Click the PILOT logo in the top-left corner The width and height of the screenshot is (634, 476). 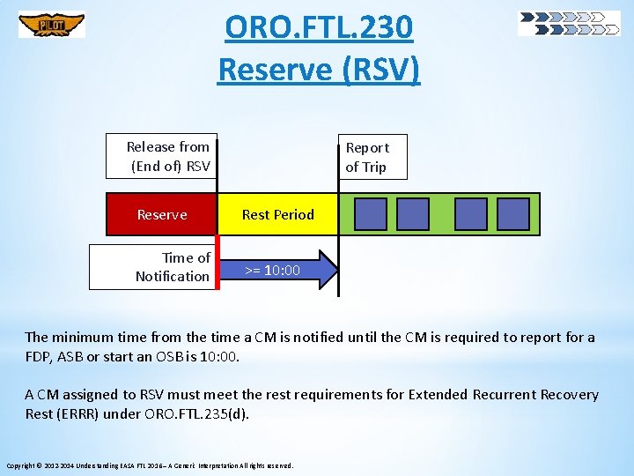click(52, 25)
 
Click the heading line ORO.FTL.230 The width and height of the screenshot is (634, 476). click(318, 28)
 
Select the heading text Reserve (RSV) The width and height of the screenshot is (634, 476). click(318, 68)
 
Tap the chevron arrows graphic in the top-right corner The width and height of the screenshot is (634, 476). click(569, 24)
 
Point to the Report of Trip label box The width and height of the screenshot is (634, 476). click(372, 157)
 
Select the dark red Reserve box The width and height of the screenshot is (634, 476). click(162, 214)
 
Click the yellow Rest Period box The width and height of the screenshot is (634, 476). click(277, 214)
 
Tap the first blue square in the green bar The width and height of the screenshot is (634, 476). click(371, 214)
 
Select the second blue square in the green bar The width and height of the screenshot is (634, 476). click(413, 214)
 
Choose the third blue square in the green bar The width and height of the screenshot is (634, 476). click(471, 214)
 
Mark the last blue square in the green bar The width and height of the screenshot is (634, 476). click(513, 214)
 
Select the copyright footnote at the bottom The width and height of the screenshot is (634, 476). click(150, 465)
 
